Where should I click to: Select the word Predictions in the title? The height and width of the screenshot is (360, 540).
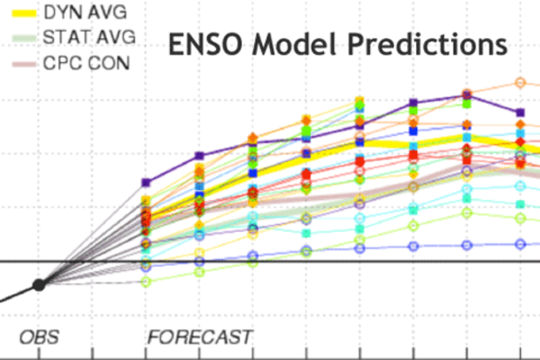click(437, 42)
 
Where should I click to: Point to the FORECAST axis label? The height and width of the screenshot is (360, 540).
click(200, 336)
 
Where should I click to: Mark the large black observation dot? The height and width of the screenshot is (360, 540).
click(38, 284)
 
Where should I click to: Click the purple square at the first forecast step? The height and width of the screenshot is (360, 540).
click(145, 183)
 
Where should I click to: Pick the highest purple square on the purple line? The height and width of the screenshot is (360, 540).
click(468, 96)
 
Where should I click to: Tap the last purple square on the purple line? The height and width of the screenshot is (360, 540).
click(521, 112)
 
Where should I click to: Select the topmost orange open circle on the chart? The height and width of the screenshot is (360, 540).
click(521, 83)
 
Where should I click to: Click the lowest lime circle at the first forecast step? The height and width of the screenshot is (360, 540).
click(145, 282)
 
